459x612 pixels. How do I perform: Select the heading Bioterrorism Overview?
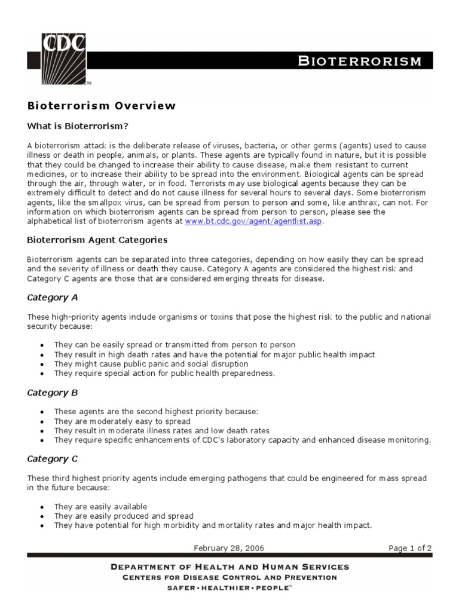pos(102,106)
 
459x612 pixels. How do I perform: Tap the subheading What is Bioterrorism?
pos(78,126)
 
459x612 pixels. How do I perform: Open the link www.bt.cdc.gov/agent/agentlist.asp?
pos(253,221)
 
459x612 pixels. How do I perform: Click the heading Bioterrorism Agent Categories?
pos(97,240)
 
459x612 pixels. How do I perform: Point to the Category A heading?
pos(53,297)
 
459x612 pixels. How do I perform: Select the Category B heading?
pos(53,393)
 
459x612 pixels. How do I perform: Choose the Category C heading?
pos(53,459)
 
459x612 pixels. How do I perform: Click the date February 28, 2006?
pos(229,547)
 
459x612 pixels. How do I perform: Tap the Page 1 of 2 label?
pos(409,547)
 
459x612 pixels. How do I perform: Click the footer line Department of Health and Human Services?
pos(229,567)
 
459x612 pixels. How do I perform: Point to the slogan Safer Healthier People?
pos(229,588)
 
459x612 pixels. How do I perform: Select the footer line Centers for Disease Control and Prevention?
pos(229,577)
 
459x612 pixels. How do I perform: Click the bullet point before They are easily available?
pos(41,507)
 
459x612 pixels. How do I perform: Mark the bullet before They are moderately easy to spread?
pos(41,421)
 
